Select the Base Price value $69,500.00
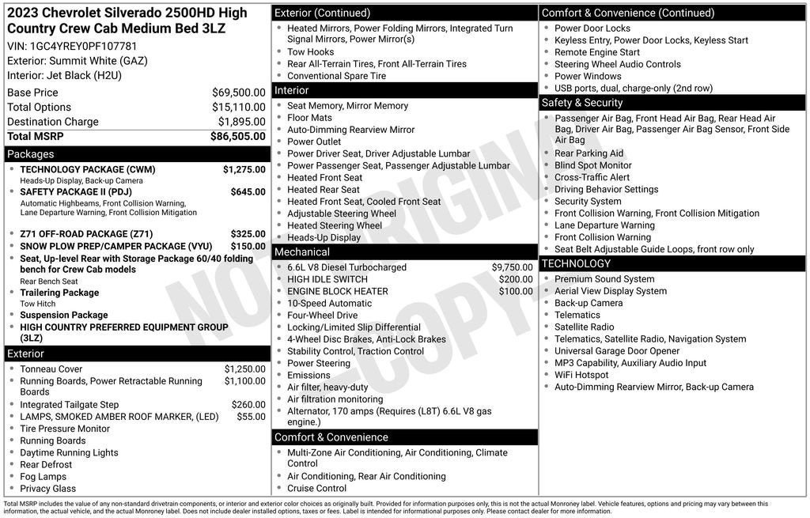tap(238, 93)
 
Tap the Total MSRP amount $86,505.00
tap(237, 136)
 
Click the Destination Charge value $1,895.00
tap(241, 122)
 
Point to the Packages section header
tap(31, 154)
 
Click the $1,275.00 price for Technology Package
tap(244, 169)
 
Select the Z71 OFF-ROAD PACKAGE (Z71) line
tap(86, 234)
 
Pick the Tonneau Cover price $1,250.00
tap(244, 369)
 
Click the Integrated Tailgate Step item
tap(70, 405)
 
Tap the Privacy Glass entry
tap(48, 489)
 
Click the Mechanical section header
tap(301, 252)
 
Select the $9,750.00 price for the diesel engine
tap(512, 267)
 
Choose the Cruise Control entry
tap(316, 489)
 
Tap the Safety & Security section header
tap(582, 103)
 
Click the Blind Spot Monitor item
tap(592, 165)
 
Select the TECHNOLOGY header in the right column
tap(576, 263)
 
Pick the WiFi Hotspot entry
tap(581, 375)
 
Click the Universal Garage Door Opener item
tap(617, 351)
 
